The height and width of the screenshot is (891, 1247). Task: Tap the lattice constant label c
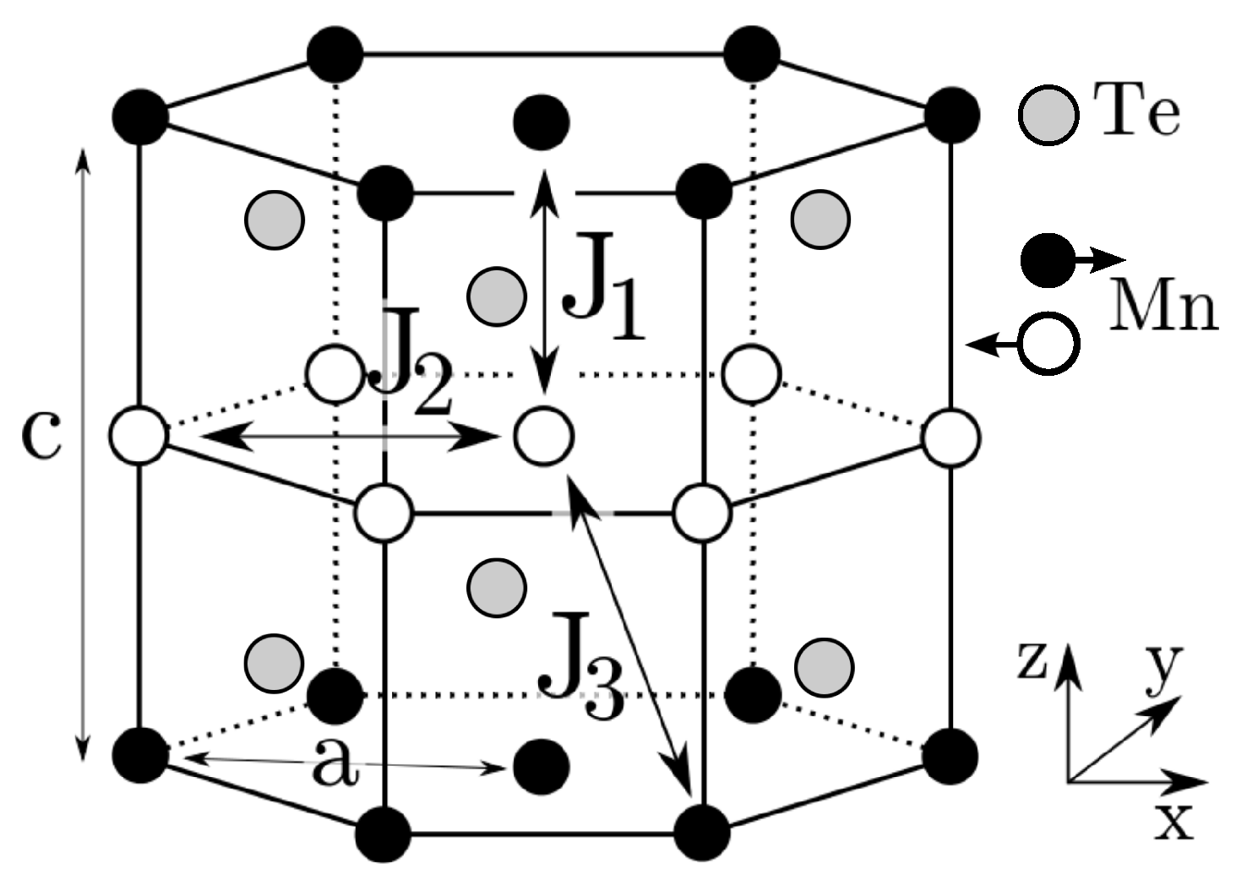pyautogui.click(x=41, y=437)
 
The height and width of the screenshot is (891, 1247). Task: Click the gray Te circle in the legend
pyautogui.click(x=1048, y=115)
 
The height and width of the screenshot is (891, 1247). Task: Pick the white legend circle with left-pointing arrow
pyautogui.click(x=1048, y=344)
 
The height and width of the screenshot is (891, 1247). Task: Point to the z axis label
pyautogui.click(x=1032, y=663)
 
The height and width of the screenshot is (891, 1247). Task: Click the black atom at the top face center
pyautogui.click(x=542, y=122)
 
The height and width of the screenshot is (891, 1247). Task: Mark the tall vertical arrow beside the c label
pyautogui.click(x=82, y=452)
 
